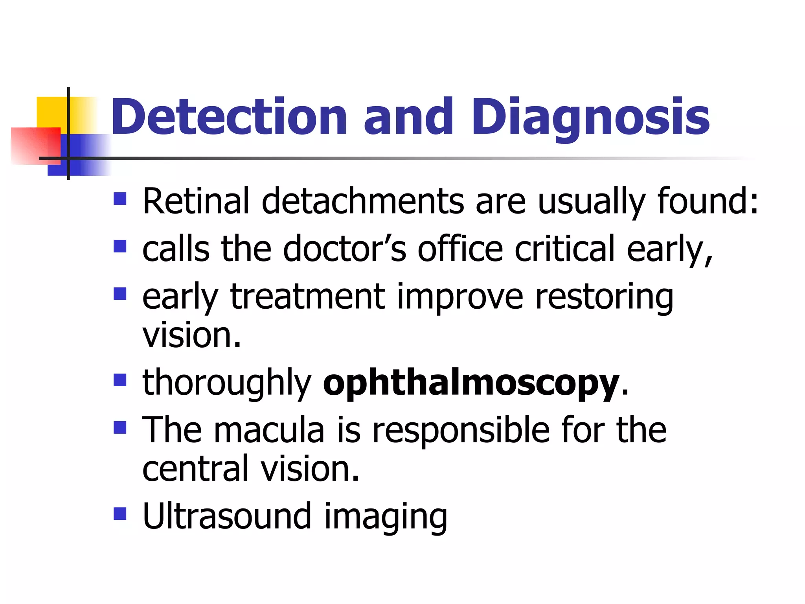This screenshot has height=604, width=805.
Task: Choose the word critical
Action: (x=564, y=249)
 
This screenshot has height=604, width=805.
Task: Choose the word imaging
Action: (x=386, y=517)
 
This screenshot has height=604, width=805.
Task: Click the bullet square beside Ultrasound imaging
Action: (x=120, y=514)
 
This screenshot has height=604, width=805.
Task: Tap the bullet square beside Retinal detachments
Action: (x=120, y=199)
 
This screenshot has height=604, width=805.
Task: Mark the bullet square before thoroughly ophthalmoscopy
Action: (x=120, y=380)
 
